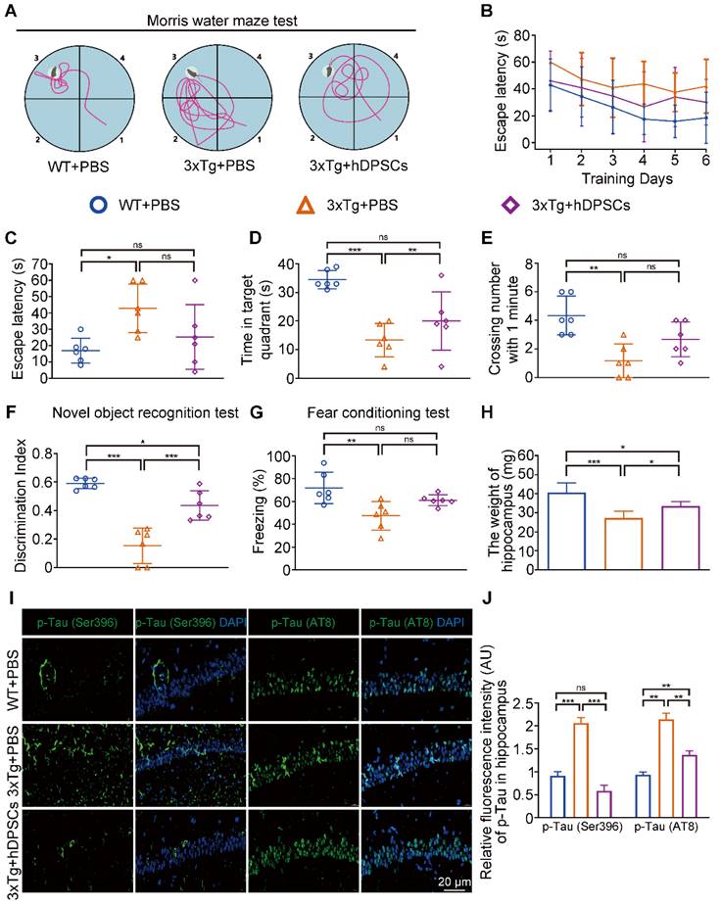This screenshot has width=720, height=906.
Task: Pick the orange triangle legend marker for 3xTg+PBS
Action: click(306, 207)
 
